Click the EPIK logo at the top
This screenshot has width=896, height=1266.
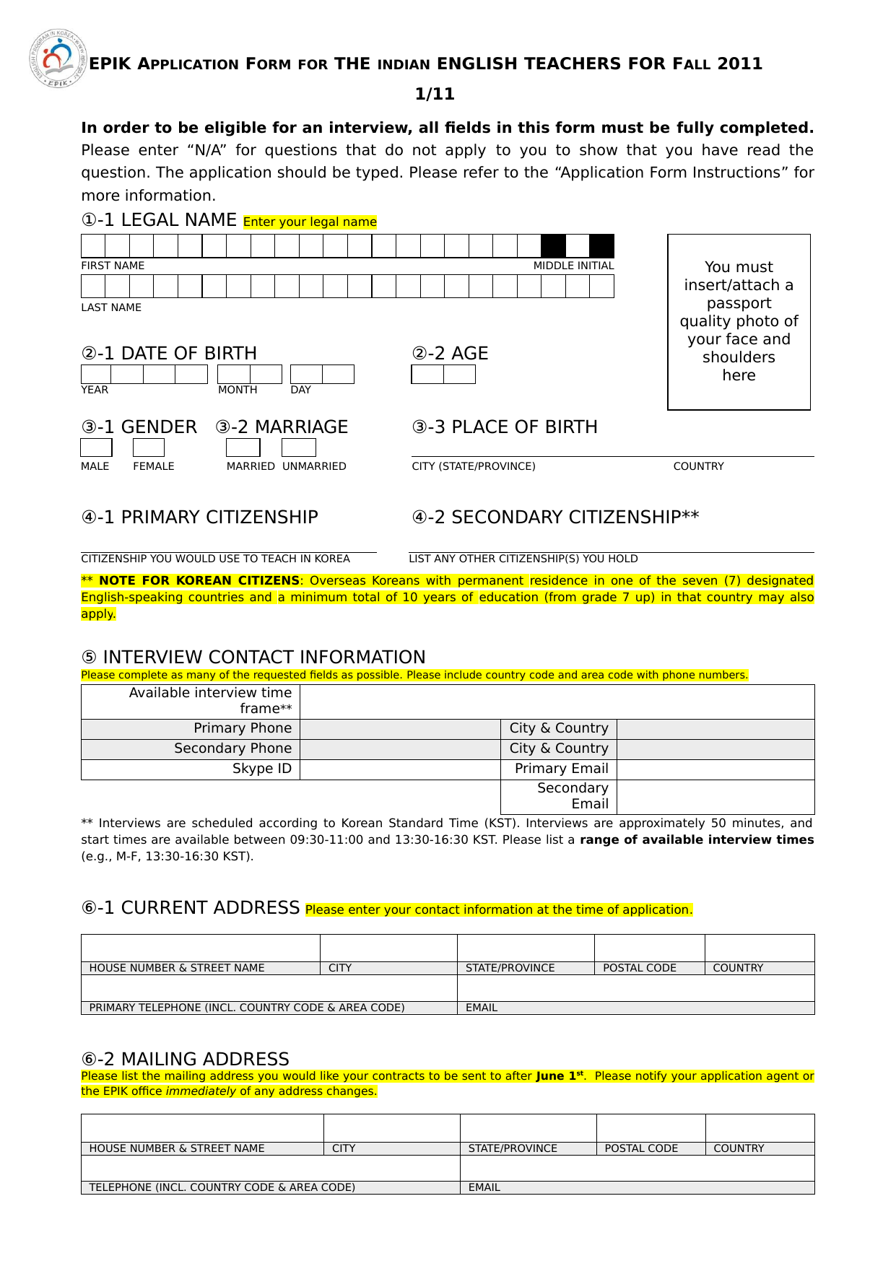(57, 59)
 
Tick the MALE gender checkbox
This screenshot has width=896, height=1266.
(96, 448)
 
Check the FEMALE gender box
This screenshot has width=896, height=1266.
(149, 448)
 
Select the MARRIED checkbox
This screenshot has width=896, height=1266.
(243, 448)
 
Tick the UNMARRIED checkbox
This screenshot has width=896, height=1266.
(298, 448)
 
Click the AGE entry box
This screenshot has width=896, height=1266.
(443, 375)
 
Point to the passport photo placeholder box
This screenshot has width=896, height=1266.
(739, 322)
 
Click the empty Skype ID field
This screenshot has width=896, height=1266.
(400, 769)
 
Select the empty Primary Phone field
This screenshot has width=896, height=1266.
(400, 729)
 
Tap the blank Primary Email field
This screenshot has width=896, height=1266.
(716, 769)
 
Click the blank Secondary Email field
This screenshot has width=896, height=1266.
(716, 797)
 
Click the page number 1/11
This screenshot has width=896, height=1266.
(435, 94)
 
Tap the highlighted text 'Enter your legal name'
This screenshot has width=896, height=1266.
(310, 222)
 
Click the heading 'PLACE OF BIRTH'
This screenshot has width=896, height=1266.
(524, 427)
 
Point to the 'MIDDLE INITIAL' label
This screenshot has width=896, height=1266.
(573, 266)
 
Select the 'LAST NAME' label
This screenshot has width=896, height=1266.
(111, 307)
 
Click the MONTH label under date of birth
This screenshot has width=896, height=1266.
(238, 390)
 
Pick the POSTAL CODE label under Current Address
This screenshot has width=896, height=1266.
(640, 968)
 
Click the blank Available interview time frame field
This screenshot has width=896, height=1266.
(557, 702)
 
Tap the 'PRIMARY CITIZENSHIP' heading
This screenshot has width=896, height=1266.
(219, 518)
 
